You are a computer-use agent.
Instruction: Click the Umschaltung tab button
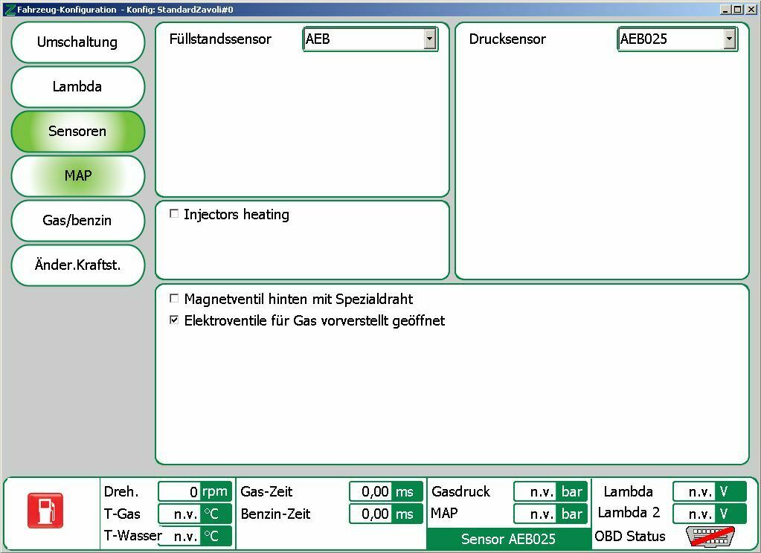tap(77, 42)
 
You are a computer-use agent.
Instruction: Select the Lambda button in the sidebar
tap(77, 87)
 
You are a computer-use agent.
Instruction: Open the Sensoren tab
tap(77, 132)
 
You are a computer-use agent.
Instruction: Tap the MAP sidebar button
tap(77, 176)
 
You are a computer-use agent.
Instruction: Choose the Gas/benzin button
tap(77, 221)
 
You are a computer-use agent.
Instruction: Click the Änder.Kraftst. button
tap(77, 265)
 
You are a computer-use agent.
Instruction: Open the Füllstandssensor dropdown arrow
tap(430, 39)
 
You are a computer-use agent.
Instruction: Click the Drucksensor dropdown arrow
tap(729, 39)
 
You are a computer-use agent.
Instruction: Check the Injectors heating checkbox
tap(174, 214)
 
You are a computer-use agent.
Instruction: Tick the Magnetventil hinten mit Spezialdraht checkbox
tap(174, 299)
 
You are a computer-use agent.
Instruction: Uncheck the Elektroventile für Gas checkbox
tap(174, 320)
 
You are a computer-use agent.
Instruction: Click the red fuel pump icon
tap(45, 511)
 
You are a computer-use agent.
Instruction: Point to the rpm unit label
tap(215, 491)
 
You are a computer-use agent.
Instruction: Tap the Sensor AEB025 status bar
tap(508, 539)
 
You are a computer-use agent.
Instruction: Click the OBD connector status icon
tap(710, 536)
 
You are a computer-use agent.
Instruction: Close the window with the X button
tap(751, 9)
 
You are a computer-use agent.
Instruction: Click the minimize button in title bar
tap(726, 9)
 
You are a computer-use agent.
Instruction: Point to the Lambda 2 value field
tap(694, 514)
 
